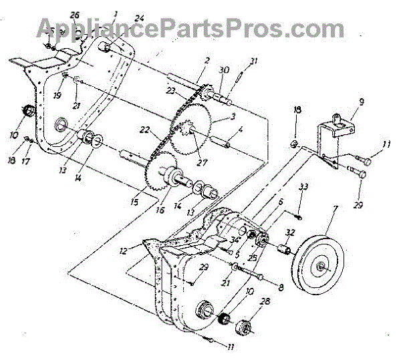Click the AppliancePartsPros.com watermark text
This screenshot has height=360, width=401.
coord(190,28)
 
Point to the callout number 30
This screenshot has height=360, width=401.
coord(224,69)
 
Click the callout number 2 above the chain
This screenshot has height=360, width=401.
coord(207,61)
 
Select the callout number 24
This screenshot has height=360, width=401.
coord(139,18)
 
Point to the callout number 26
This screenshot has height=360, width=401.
coord(74,15)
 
